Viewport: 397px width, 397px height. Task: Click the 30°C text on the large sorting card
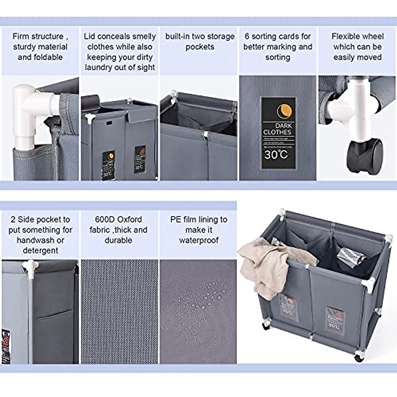click(x=276, y=154)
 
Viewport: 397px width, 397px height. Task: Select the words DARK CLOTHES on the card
click(x=278, y=129)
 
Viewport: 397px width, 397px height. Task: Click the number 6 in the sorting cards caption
click(x=247, y=36)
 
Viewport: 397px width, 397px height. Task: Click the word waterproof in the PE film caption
click(x=198, y=240)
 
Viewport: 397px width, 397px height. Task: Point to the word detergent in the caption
click(x=40, y=250)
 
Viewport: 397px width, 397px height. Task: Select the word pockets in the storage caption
click(x=200, y=47)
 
